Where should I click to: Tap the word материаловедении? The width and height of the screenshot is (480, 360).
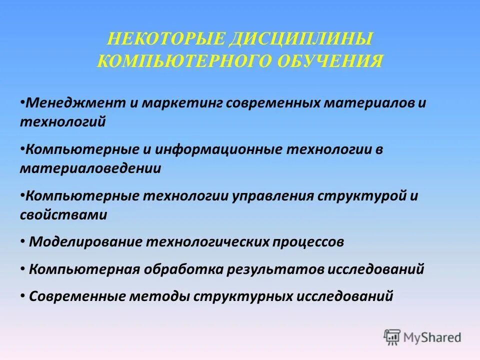click(x=90, y=168)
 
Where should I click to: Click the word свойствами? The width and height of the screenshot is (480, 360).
click(x=63, y=214)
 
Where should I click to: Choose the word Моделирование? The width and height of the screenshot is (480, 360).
click(x=85, y=242)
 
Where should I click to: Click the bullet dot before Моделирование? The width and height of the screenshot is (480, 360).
click(x=23, y=241)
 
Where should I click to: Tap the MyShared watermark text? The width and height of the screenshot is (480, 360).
click(x=433, y=337)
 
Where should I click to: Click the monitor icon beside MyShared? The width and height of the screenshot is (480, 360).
click(x=392, y=337)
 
